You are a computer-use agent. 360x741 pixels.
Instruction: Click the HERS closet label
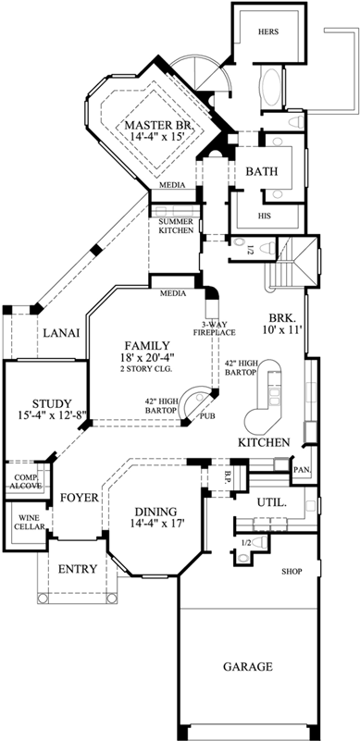click(267, 31)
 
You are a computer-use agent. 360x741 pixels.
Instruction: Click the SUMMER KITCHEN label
click(175, 226)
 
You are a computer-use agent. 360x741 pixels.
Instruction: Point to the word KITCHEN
click(264, 442)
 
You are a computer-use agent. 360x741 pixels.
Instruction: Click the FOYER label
click(79, 498)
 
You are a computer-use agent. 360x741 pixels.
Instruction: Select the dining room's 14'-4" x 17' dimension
click(149, 524)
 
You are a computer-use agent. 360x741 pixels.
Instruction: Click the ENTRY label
click(78, 569)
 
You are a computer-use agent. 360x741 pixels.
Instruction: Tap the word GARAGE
click(247, 666)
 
